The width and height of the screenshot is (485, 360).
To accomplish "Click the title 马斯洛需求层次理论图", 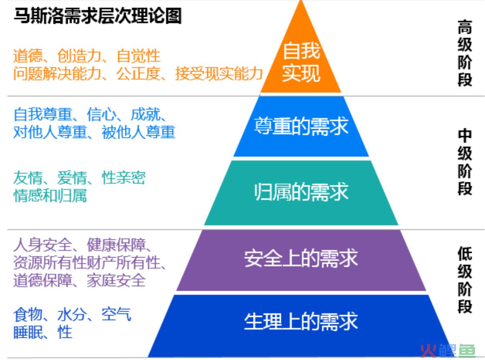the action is click(x=98, y=16).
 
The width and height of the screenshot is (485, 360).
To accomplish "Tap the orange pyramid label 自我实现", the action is click(x=301, y=62).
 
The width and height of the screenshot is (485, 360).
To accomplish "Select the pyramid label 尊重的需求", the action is click(x=301, y=126).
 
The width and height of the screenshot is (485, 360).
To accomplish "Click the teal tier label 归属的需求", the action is click(x=301, y=192).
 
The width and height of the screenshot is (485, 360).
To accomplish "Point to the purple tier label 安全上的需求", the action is click(x=301, y=259).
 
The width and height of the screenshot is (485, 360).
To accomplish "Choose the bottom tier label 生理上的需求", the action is click(x=301, y=321).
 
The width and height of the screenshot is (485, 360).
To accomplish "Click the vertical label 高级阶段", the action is click(x=465, y=53).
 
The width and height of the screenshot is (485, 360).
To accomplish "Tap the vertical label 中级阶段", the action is click(x=465, y=162).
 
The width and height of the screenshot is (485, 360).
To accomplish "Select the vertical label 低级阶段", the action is click(x=465, y=280).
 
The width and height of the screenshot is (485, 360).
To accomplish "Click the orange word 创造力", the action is click(x=79, y=56).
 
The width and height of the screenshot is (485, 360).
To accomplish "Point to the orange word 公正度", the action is click(x=138, y=73).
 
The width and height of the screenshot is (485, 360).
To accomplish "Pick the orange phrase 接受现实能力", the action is click(x=219, y=73).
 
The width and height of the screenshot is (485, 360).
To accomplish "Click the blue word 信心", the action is click(x=102, y=114).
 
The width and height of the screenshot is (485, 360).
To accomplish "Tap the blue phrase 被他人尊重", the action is click(x=138, y=132).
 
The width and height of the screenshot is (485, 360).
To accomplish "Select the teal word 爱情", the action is click(x=72, y=177).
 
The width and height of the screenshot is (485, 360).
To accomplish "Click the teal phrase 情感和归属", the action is click(x=50, y=195).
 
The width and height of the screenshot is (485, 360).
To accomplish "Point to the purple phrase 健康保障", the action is click(x=116, y=245).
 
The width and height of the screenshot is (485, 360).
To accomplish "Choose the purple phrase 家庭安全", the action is click(x=116, y=280).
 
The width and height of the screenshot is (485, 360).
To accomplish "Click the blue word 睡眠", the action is click(x=28, y=332).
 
